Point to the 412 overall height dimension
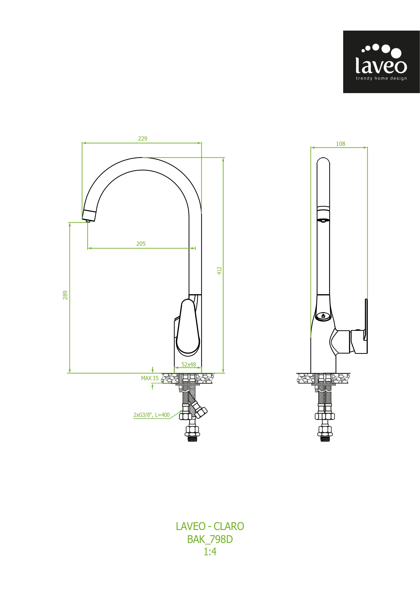[219, 271]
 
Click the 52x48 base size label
[189, 364]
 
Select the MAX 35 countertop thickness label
[150, 378]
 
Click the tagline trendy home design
[381, 78]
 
